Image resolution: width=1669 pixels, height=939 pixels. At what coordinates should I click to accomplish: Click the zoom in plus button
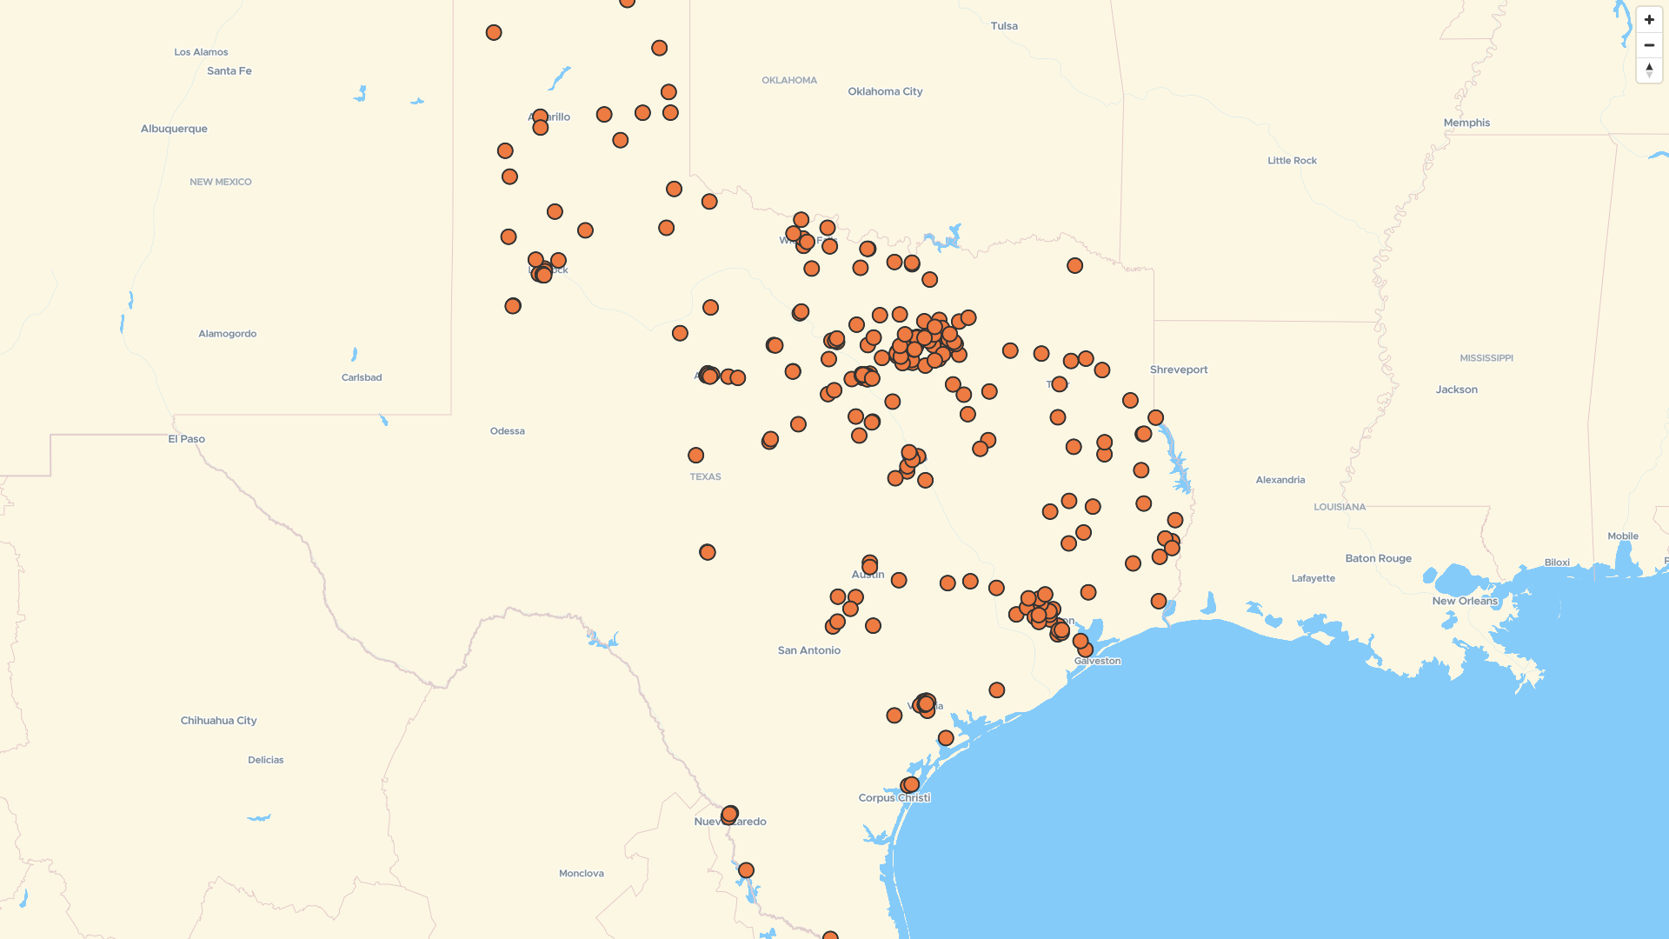[1649, 20]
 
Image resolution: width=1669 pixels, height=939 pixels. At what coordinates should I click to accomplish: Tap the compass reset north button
[1649, 70]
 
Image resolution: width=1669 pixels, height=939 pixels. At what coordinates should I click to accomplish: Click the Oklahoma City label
[885, 91]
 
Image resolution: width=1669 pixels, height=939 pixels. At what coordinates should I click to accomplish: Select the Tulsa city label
[1004, 26]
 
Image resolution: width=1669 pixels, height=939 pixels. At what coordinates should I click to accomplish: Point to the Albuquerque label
[174, 129]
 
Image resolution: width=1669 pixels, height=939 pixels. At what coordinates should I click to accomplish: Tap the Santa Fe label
[229, 71]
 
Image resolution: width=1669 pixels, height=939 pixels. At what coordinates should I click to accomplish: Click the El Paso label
[187, 439]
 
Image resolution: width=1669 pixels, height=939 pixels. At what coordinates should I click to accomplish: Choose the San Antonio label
[808, 650]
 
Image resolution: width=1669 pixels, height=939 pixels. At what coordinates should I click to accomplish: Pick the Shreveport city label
[1179, 370]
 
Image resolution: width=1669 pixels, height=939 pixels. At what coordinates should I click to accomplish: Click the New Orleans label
[1465, 601]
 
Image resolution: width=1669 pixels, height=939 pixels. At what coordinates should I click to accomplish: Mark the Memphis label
[1466, 123]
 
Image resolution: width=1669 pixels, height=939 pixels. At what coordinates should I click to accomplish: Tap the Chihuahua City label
[218, 721]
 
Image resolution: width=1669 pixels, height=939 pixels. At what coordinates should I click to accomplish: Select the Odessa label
[507, 431]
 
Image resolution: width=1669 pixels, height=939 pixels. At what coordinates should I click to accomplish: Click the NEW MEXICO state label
[221, 182]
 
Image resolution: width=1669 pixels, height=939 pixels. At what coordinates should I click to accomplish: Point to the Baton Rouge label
[1378, 558]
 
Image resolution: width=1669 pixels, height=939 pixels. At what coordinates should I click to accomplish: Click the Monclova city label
[581, 874]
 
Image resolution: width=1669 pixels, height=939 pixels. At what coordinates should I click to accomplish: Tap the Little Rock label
[1292, 161]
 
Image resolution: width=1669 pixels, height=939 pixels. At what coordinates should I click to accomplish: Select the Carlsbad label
[362, 377]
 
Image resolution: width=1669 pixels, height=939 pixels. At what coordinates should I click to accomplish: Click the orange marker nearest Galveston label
[1085, 649]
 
